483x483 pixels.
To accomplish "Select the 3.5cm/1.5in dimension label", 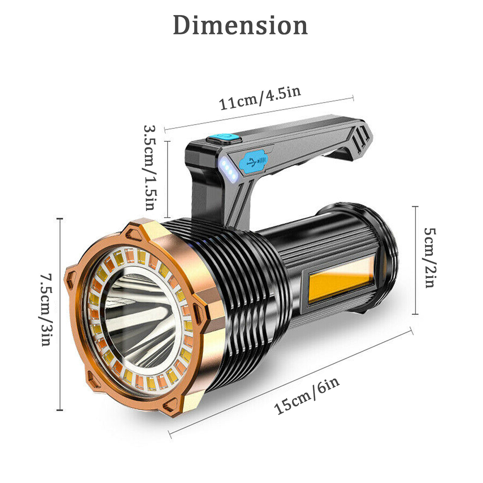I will point(150,168).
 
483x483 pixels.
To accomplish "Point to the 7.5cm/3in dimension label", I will point(47,309).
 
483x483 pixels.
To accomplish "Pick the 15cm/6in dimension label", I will point(306,396).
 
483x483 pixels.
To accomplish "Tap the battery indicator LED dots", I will point(228,171).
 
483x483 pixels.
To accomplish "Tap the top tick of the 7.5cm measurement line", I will point(60,218).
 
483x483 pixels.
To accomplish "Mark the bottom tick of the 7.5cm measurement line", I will point(60,410).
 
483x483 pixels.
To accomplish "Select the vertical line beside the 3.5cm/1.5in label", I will point(168,179).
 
